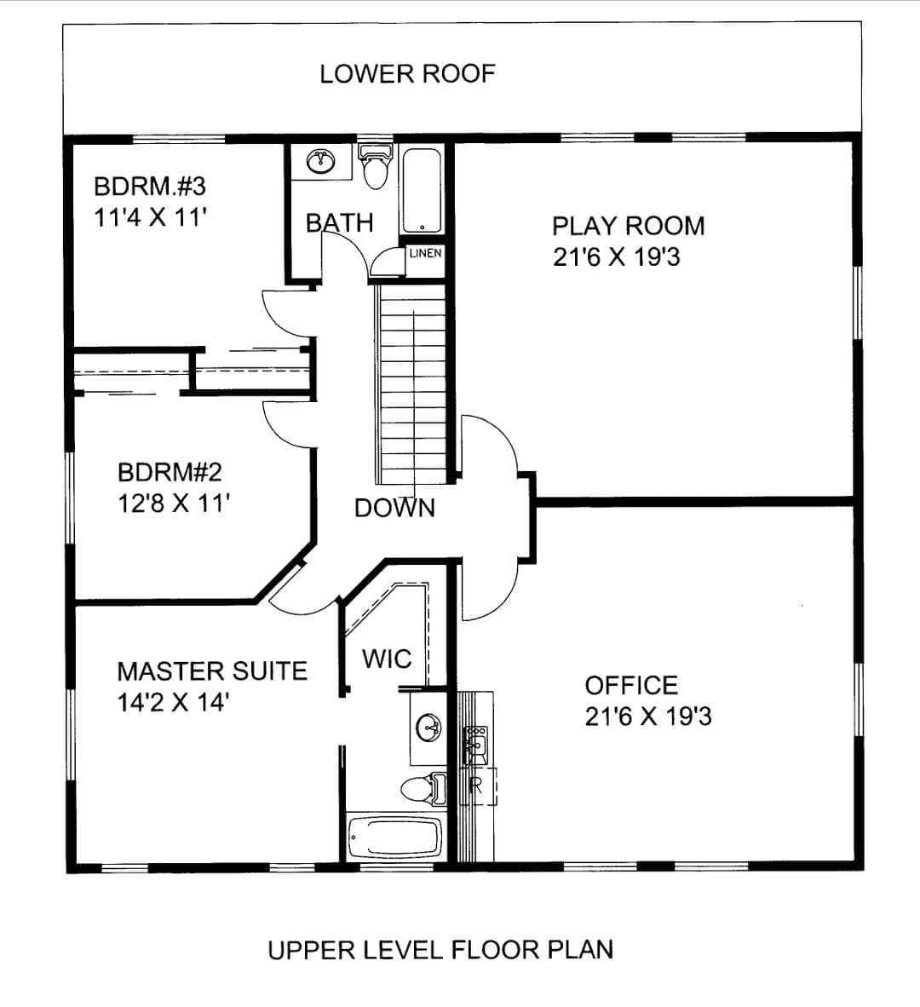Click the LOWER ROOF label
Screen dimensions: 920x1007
click(x=408, y=74)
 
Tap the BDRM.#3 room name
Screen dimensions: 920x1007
click(x=150, y=187)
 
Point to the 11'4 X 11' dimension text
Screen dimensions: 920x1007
click(x=150, y=218)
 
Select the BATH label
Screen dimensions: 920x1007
click(x=339, y=223)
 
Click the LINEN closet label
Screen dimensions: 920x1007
click(x=425, y=253)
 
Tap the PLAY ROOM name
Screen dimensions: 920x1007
click(x=629, y=226)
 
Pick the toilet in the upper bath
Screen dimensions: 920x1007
click(x=376, y=166)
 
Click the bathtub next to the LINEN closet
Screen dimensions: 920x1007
click(x=422, y=191)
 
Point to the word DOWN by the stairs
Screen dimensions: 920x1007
click(x=395, y=508)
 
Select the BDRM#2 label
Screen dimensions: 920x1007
click(x=170, y=473)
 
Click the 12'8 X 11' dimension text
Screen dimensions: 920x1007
click(x=173, y=503)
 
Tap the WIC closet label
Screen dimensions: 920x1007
click(x=387, y=659)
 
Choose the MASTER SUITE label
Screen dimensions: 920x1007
click(x=212, y=672)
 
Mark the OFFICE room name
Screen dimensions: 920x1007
click(x=631, y=686)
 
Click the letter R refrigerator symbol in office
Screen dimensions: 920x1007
click(x=475, y=785)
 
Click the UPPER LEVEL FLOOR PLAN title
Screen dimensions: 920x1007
click(x=440, y=950)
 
